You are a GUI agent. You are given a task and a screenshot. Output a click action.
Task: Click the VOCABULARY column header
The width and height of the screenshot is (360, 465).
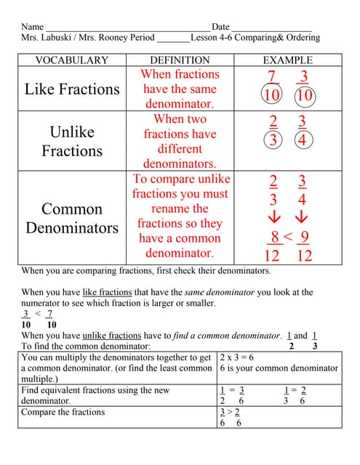point(71,60)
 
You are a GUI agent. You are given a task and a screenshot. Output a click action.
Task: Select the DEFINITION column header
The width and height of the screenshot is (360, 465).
point(180,60)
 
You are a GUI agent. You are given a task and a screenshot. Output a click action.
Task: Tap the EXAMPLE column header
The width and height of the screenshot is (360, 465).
point(287,60)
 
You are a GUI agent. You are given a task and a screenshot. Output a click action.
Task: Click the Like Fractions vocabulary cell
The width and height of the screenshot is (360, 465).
point(71,89)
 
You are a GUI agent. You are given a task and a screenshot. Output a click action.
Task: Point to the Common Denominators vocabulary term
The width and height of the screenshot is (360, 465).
point(71,218)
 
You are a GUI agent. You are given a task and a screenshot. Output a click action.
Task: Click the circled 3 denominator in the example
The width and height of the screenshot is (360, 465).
point(273,140)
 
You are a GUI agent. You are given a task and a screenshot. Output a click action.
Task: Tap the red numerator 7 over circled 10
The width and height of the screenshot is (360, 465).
point(272,77)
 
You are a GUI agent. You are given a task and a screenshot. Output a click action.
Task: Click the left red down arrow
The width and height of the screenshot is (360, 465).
point(273,217)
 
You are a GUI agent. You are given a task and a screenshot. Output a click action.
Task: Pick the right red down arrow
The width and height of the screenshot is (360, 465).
point(302,217)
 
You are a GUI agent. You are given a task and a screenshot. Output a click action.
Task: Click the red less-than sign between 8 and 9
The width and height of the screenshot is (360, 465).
point(288,236)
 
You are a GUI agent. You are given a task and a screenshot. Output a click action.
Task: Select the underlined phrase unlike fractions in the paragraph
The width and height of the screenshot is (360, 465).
point(111,336)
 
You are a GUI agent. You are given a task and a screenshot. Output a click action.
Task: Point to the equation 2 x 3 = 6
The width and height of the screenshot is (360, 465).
point(237,357)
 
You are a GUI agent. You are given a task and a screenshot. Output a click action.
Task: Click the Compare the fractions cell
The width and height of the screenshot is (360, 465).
point(63,413)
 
